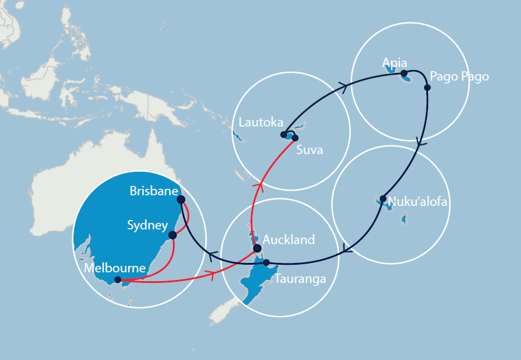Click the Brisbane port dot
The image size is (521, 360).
[x=181, y=199]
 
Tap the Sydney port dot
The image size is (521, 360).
[x=172, y=235]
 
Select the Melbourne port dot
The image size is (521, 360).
[x=118, y=280]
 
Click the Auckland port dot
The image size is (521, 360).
[x=257, y=249]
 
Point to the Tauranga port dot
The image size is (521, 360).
[x=266, y=262]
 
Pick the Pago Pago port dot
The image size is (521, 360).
[x=428, y=88]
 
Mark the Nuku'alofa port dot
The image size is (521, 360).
[x=383, y=198]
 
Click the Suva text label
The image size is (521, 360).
[x=310, y=150]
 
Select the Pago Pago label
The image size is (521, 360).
[x=459, y=76]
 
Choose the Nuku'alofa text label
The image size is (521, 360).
[x=418, y=202]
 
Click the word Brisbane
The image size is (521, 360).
[x=153, y=191]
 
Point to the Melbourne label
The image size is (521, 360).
[x=115, y=268]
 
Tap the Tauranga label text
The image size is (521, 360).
[x=300, y=279]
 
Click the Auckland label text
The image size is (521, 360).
[x=289, y=239]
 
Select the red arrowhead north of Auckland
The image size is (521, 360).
[x=257, y=187]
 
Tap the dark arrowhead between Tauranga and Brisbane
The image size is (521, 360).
[x=213, y=255]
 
